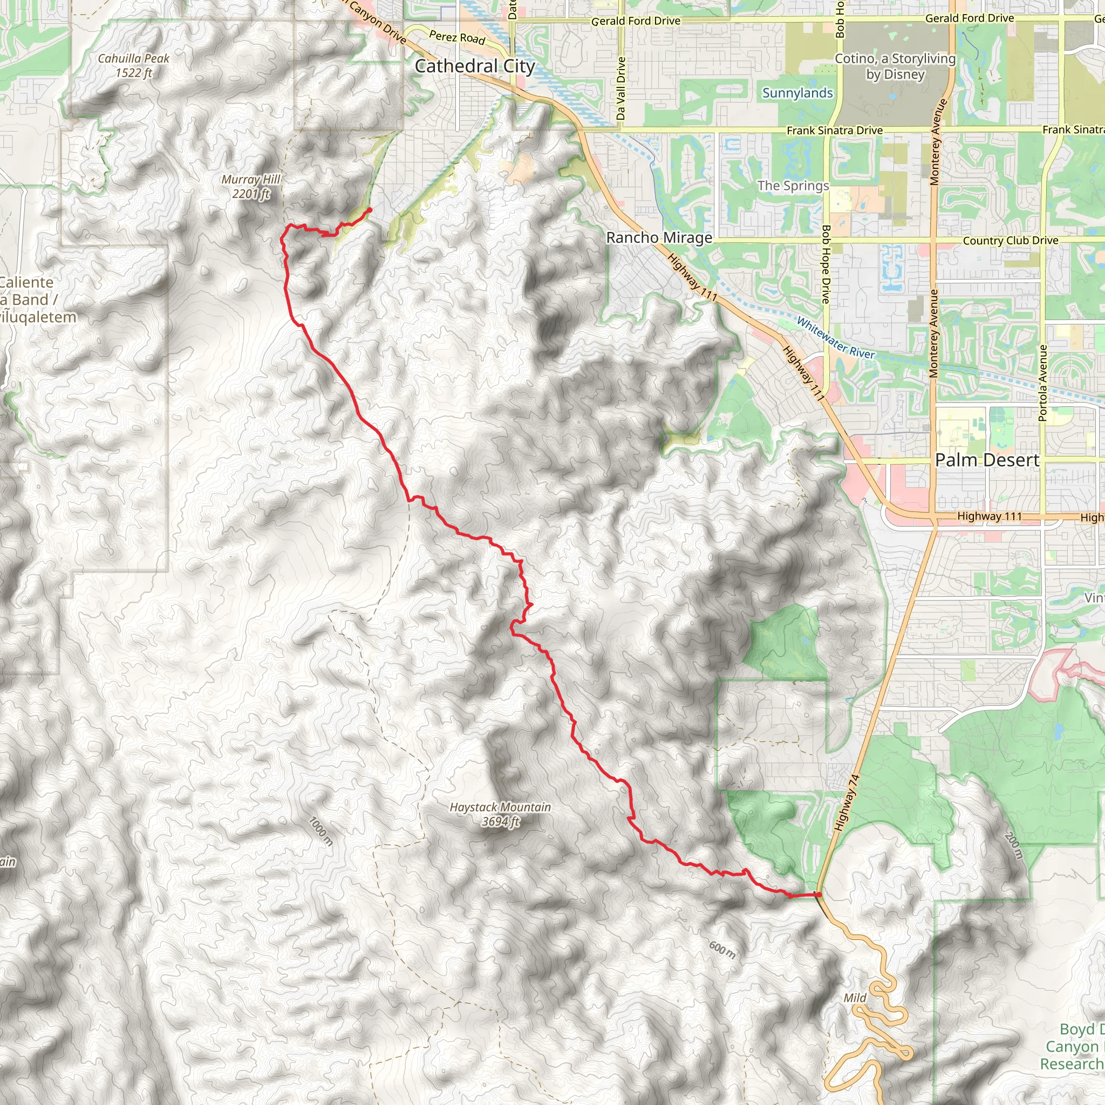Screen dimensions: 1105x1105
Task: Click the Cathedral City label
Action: pos(475,66)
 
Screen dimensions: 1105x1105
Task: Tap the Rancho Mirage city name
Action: pos(659,237)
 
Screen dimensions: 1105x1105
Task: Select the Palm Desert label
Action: pos(987,460)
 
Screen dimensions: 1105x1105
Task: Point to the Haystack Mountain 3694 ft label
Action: pos(500,814)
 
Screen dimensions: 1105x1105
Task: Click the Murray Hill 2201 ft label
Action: pos(251,187)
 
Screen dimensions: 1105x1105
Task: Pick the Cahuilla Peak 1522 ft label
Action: pos(133,66)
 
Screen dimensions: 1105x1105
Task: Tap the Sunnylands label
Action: pos(797,93)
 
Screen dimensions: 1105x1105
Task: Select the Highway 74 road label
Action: pos(847,802)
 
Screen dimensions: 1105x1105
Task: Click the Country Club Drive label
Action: pos(1011,241)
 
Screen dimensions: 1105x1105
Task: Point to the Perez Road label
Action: pos(457,38)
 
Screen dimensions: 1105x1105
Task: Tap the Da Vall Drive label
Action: pos(621,88)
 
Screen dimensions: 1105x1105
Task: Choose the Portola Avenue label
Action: pos(1042,383)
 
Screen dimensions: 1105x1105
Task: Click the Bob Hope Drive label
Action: pos(826,264)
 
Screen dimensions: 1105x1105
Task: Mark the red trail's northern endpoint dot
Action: pos(370,210)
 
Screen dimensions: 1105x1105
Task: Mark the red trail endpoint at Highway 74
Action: pos(818,895)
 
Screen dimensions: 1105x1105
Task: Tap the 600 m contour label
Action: pos(722,950)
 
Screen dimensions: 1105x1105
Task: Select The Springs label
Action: pos(793,186)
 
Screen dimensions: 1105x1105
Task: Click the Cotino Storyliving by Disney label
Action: pos(895,66)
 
